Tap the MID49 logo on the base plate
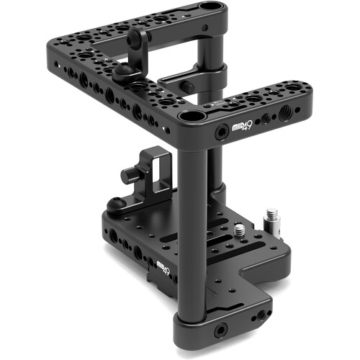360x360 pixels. (165, 269)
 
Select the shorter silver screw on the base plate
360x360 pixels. (239, 231)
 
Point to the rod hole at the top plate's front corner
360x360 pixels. (192, 116)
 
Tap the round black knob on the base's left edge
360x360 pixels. (114, 204)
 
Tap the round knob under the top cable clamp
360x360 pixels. (125, 70)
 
